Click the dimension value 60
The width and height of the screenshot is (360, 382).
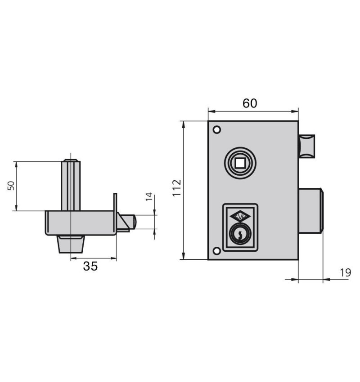coord(250,103)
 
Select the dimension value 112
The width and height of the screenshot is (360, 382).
coord(177,188)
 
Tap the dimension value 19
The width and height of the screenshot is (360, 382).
coord(345,273)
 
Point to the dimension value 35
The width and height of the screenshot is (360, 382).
coord(90,267)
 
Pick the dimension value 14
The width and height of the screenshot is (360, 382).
coord(149,196)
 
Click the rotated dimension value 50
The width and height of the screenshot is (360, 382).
coord(11,186)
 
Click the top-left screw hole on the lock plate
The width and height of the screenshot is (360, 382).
coord(216,129)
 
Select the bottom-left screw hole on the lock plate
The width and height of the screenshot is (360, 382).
coord(216,251)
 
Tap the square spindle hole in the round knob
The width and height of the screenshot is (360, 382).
coord(240,163)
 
